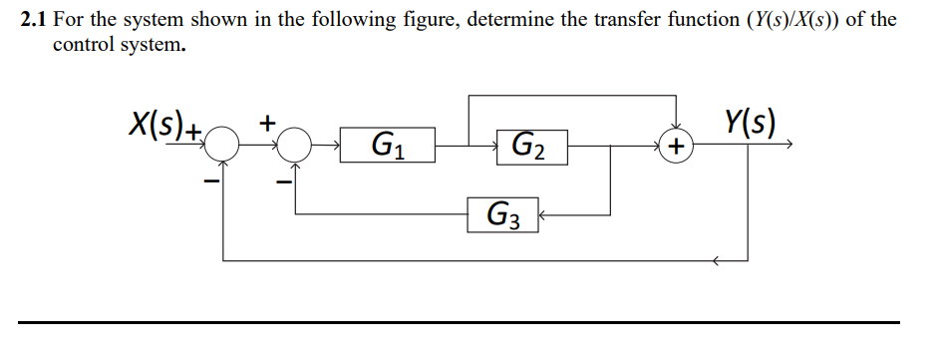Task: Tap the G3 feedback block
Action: coord(503,213)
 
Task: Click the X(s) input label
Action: coord(158,125)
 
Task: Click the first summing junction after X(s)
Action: coord(222,147)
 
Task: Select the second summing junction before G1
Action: coord(296,147)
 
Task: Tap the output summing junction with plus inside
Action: coord(677,147)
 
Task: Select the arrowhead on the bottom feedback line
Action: coord(716,261)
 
